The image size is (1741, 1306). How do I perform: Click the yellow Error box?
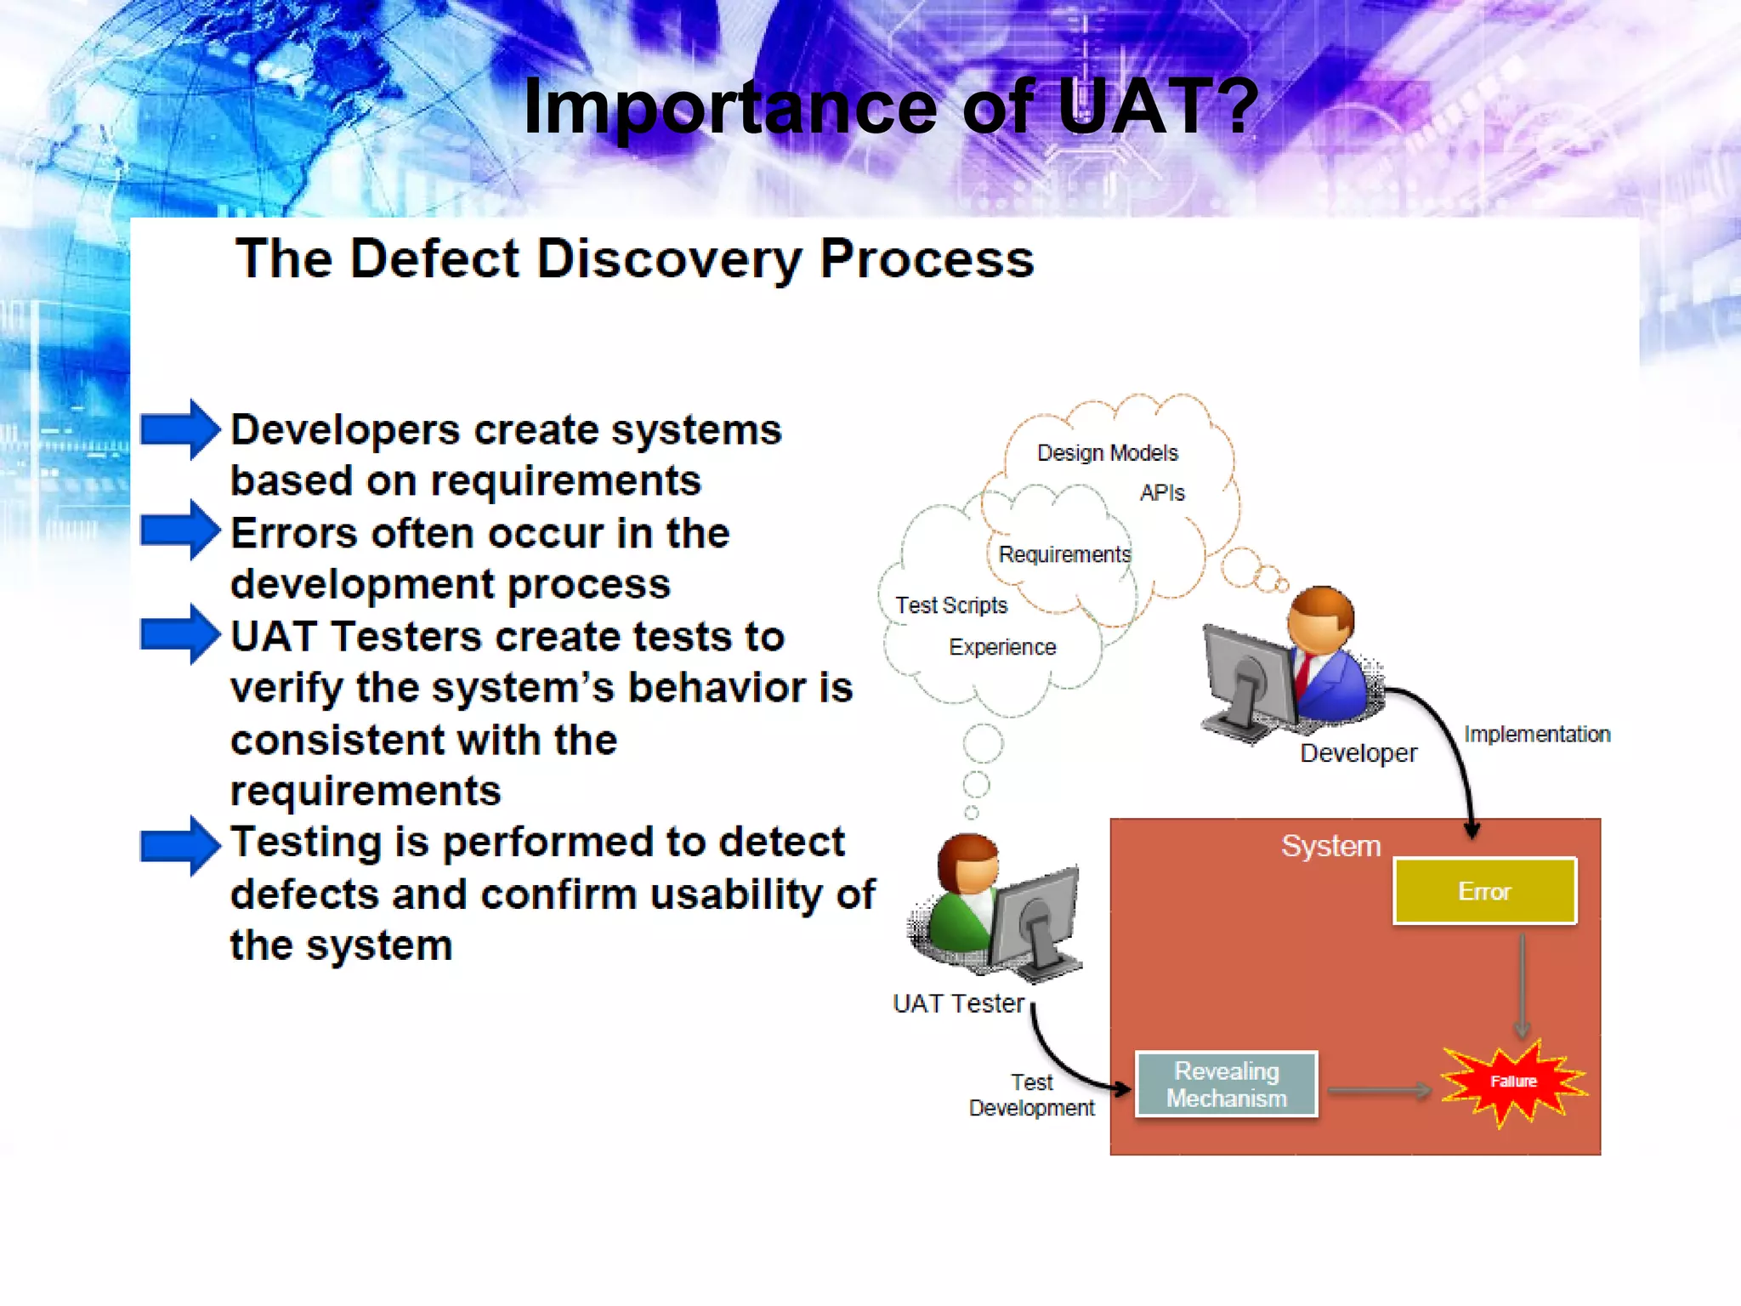(1484, 890)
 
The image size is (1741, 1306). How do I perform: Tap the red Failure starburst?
(1514, 1081)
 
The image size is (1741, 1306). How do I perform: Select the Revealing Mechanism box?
(1226, 1084)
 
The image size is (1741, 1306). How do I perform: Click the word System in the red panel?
(1330, 845)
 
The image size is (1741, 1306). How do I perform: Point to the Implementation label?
(1536, 734)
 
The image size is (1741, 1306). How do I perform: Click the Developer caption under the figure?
(1358, 752)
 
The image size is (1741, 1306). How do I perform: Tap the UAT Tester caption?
(958, 1003)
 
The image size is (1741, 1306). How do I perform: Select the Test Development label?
(1031, 1095)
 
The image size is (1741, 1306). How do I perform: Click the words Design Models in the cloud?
(1107, 452)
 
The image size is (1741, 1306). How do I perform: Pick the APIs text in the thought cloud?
(1161, 492)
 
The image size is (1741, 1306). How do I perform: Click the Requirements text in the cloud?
(1064, 554)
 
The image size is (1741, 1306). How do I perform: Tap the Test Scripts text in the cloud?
(950, 605)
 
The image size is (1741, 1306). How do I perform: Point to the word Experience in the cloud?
(1002, 647)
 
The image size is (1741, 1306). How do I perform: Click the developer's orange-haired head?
(1319, 619)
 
